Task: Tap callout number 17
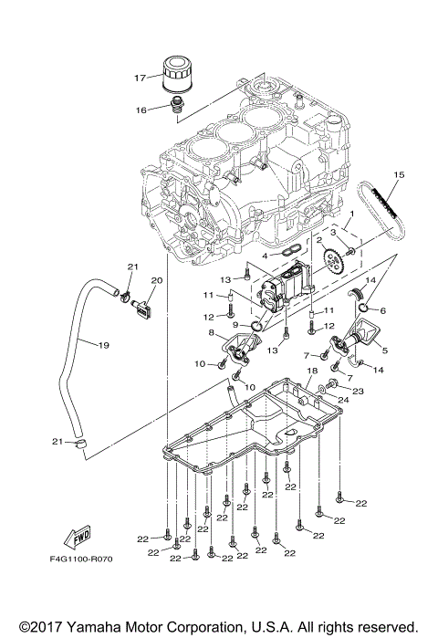(x=141, y=78)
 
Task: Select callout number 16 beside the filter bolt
(x=142, y=110)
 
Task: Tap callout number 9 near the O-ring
(x=235, y=323)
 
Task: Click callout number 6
(x=381, y=310)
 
